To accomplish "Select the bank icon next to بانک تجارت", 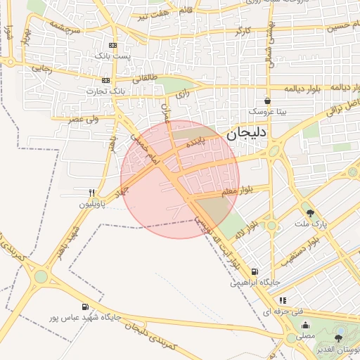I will coord(105,80).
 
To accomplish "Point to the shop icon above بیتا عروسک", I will coord(266,101).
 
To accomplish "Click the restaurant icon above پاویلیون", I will coord(91,192).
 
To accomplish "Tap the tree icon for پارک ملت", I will coord(310,212).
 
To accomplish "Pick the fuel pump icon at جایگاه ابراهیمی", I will coord(254,272).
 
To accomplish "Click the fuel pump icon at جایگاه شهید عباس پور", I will coord(85,307).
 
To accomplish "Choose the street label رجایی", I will coord(41,69).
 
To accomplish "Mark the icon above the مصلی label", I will coord(305,325).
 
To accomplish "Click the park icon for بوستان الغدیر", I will coord(338,338).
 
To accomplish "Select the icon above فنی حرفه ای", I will coord(283,300).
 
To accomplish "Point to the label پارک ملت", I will coord(319,224).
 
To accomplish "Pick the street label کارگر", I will coord(242,32).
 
